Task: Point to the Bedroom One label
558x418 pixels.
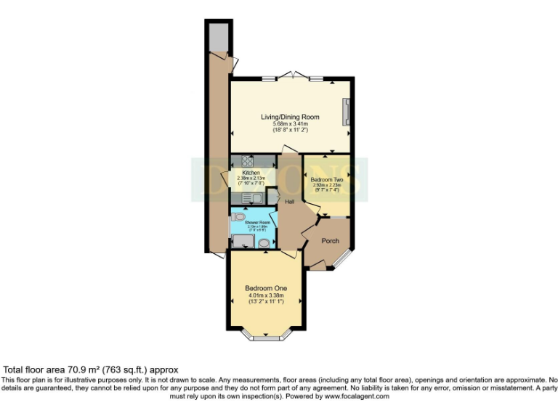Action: pos(265,288)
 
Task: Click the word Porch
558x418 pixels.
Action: pos(331,241)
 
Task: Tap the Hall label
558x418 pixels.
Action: pos(289,202)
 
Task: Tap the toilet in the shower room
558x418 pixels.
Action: pos(239,216)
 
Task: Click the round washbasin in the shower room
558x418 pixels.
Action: pos(264,243)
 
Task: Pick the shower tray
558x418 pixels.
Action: pos(241,242)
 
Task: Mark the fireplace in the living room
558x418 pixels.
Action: pos(347,112)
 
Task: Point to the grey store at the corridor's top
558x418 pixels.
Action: pos(217,37)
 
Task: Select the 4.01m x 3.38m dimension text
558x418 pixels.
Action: pos(265,295)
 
